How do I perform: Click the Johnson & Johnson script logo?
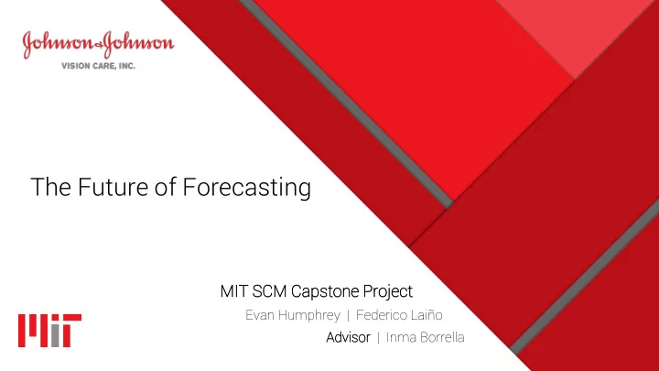pyautogui.click(x=98, y=44)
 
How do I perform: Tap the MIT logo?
pyautogui.click(x=49, y=331)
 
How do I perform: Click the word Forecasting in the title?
pyautogui.click(x=247, y=188)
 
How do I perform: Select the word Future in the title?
pyautogui.click(x=113, y=187)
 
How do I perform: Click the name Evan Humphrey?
pyautogui.click(x=293, y=315)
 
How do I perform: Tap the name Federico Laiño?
pyautogui.click(x=399, y=315)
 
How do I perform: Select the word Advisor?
pyautogui.click(x=348, y=337)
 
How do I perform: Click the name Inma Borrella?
pyautogui.click(x=425, y=337)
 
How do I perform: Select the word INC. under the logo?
pyautogui.click(x=126, y=66)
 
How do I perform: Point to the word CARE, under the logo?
pyautogui.click(x=103, y=66)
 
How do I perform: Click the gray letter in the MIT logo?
pyautogui.click(x=55, y=335)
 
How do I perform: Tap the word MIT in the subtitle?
pyautogui.click(x=234, y=291)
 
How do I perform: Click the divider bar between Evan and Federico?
pyautogui.click(x=348, y=315)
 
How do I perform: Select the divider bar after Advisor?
pyautogui.click(x=378, y=338)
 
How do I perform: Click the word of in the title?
pyautogui.click(x=165, y=187)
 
